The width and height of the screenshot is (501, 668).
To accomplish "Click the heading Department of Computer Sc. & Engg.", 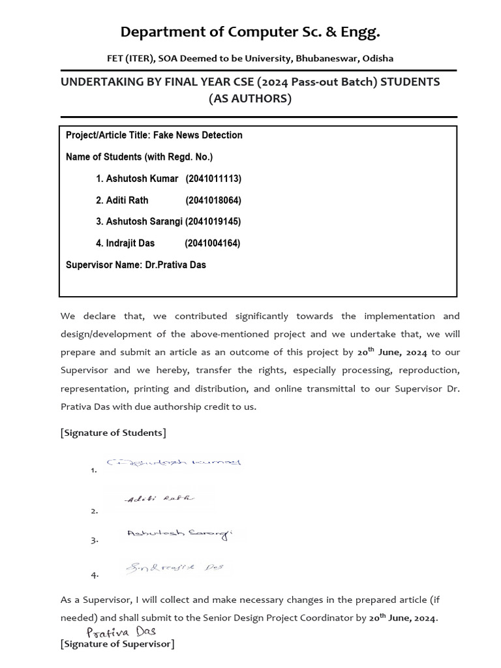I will click(250, 32).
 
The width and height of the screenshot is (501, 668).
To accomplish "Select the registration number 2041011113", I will click(213, 179).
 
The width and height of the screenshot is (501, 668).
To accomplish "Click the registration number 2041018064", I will click(213, 200).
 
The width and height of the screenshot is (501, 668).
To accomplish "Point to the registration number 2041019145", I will click(213, 222).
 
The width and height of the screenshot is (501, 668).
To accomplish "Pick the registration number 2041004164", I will click(213, 243).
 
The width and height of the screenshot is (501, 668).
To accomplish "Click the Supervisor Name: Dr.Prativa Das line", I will click(136, 265).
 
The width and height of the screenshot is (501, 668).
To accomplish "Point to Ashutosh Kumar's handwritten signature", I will click(174, 463).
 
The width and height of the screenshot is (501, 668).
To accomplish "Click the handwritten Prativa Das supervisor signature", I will click(121, 631).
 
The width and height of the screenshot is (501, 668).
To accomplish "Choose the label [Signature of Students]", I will click(113, 433).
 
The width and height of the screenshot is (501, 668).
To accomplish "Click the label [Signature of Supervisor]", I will click(117, 645).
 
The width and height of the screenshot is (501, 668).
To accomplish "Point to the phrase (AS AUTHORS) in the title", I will click(250, 99).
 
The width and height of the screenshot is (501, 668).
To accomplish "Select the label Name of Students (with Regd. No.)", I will click(139, 157).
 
